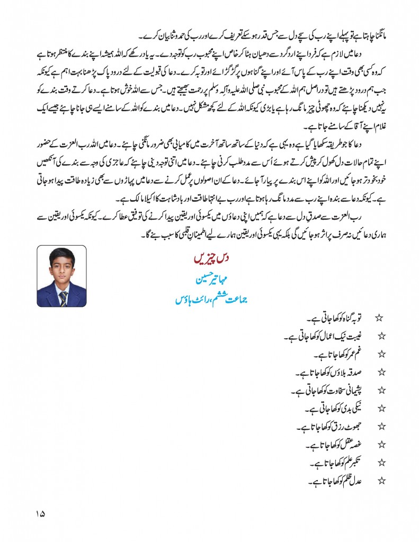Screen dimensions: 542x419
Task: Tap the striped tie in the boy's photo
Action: click(x=63, y=299)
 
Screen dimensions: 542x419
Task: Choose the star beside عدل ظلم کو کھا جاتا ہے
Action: click(x=379, y=481)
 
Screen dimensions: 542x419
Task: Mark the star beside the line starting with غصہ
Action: click(x=379, y=445)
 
